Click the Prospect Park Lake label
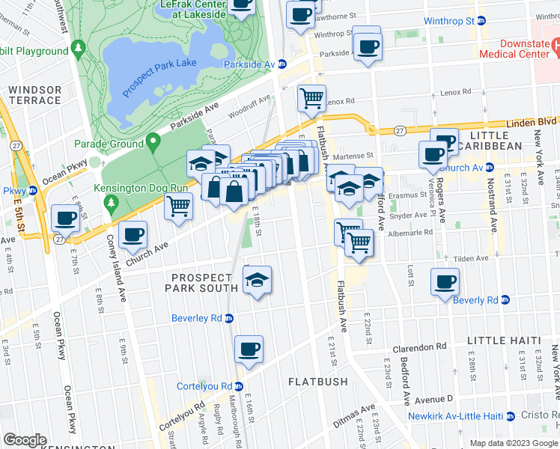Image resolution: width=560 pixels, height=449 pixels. pyautogui.click(x=159, y=73)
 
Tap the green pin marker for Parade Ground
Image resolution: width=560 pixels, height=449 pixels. pyautogui.click(x=153, y=141)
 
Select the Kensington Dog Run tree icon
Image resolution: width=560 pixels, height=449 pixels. pyautogui.click(x=111, y=202)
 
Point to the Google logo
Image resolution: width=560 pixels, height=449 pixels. pyautogui.click(x=24, y=440)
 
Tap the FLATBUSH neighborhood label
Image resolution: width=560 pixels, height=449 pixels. pyautogui.click(x=318, y=382)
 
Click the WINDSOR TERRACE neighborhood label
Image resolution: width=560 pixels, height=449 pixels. pyautogui.click(x=34, y=95)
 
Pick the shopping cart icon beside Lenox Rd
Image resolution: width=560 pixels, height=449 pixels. pyautogui.click(x=311, y=97)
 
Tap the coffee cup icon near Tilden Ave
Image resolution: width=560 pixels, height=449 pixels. pyautogui.click(x=445, y=281)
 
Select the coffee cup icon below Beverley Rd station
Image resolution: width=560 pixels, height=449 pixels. pyautogui.click(x=249, y=348)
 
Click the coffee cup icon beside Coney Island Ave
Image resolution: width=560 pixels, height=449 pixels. pyautogui.click(x=133, y=233)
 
